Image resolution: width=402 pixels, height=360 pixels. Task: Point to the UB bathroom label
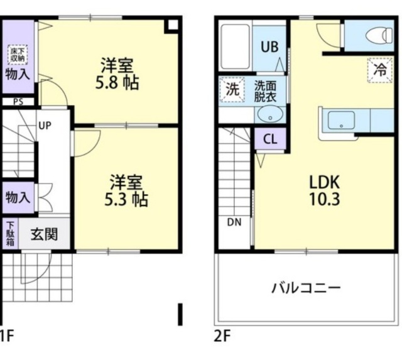(x=270, y=46)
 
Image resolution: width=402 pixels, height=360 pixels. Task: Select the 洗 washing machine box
(x=232, y=89)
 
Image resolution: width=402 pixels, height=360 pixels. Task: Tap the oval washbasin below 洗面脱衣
(x=270, y=115)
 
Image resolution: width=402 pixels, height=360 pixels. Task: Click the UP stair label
(x=45, y=125)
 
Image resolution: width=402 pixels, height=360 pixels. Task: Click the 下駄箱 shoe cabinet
(x=10, y=234)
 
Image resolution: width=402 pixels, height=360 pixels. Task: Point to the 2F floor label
(x=222, y=336)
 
